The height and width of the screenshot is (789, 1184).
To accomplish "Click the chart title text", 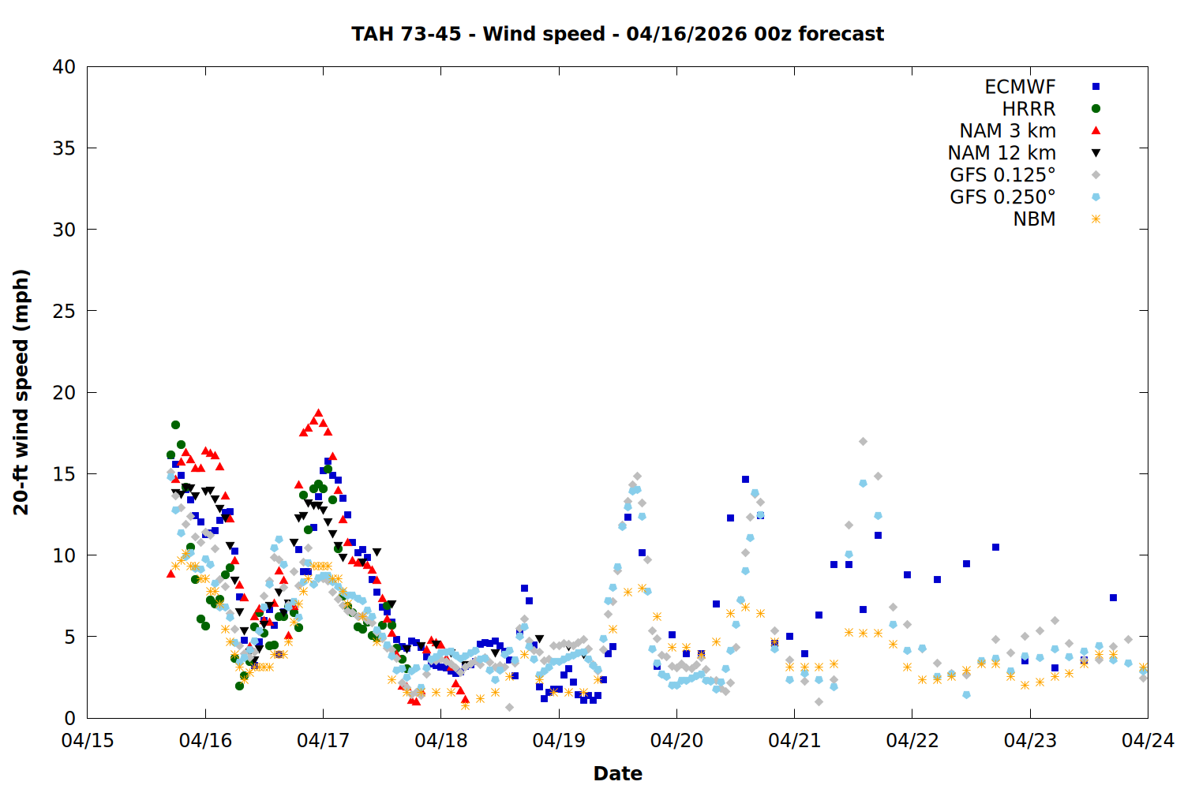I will (x=617, y=34).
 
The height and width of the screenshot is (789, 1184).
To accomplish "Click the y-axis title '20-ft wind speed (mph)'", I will (x=21, y=392).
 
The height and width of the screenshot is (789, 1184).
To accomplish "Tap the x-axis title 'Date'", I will (x=617, y=773).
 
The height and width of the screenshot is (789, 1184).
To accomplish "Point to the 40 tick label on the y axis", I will (x=64, y=67).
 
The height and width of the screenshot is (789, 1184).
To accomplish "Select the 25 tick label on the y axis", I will (x=64, y=311).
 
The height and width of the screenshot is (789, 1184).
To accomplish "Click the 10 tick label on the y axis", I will (x=64, y=555).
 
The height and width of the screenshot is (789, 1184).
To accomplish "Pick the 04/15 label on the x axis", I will (x=88, y=741).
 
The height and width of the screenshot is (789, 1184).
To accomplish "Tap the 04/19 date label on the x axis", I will (x=559, y=741).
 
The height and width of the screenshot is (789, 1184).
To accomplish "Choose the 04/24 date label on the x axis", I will (x=1148, y=741).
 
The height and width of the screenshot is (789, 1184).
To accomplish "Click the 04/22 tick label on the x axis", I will (x=912, y=741).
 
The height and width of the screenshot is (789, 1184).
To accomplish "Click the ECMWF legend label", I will (x=1020, y=87).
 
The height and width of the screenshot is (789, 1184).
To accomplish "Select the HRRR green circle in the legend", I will (x=1096, y=109).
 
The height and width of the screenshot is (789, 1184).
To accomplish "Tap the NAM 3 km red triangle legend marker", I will (x=1096, y=130).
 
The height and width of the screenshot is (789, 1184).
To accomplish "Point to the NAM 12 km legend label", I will (x=1002, y=153).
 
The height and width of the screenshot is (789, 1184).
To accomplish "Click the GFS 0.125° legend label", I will (x=1002, y=175).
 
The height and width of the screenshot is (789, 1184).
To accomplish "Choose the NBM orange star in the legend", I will (x=1096, y=219).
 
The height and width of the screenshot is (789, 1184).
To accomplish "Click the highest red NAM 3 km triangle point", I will (x=319, y=413).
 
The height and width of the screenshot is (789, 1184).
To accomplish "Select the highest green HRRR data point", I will (x=175, y=425).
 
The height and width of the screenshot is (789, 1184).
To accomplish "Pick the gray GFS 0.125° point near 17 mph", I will (x=863, y=442).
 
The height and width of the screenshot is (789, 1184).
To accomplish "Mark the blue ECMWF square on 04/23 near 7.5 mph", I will (x=1113, y=598).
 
